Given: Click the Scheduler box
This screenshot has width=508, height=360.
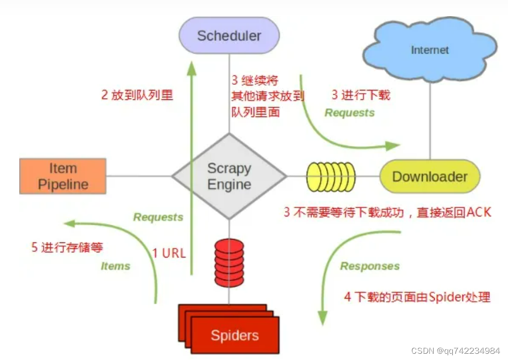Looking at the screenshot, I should click(x=229, y=35).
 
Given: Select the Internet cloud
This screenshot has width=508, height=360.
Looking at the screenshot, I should click(x=429, y=50).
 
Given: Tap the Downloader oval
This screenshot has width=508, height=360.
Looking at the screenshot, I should click(x=429, y=177).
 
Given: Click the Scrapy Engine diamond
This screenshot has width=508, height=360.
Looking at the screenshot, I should click(x=229, y=176).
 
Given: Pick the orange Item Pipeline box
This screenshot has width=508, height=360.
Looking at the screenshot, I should click(x=63, y=176).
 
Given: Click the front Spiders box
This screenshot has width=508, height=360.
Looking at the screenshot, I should click(x=235, y=335).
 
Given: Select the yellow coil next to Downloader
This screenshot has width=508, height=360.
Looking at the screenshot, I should click(x=331, y=176).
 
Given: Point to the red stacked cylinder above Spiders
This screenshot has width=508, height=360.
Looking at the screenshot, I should click(x=229, y=263).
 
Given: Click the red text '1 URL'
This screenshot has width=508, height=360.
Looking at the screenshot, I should click(x=169, y=253).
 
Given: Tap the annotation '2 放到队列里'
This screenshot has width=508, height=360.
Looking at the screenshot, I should click(x=137, y=95).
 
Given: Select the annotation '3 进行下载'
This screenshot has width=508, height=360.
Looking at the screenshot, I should click(x=360, y=95).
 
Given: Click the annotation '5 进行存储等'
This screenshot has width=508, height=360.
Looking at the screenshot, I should click(x=67, y=247).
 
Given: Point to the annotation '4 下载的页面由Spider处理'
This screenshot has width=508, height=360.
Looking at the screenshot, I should click(x=417, y=297).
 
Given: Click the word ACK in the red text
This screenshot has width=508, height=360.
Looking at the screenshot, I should click(x=478, y=212).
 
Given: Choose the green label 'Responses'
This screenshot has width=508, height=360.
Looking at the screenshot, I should click(x=370, y=266).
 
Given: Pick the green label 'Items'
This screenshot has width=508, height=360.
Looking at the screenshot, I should click(x=115, y=266).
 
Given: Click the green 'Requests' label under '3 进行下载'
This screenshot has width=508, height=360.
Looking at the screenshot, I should click(x=349, y=112).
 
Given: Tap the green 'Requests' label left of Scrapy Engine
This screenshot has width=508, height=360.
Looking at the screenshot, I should click(x=158, y=217).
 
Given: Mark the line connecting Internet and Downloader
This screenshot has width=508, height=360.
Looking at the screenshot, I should click(x=429, y=120).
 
